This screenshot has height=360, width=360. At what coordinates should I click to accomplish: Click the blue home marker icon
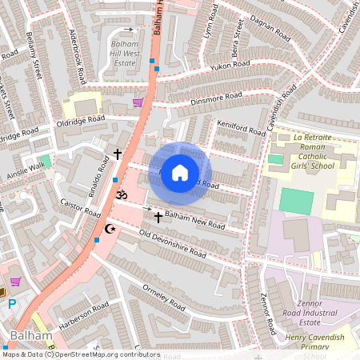pos(180,172)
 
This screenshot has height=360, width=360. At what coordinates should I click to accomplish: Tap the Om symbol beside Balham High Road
pos(122,194)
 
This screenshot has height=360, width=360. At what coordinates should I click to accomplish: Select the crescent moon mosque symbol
pos(110,230)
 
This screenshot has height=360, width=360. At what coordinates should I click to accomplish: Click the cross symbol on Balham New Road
pos(158,217)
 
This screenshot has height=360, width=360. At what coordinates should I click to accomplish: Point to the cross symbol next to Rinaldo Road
pos(118,154)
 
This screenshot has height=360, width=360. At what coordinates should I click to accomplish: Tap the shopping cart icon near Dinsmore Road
pos(138,102)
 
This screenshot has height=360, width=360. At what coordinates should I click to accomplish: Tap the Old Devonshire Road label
pos(172,244)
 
